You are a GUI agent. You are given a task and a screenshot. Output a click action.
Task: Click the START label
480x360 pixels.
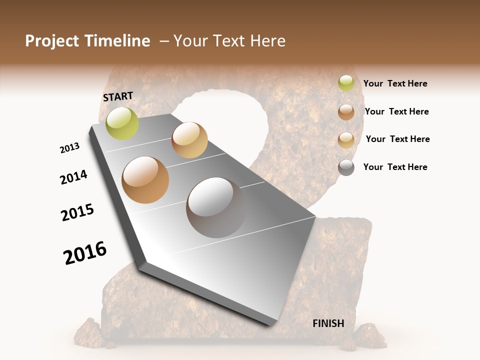click(118, 96)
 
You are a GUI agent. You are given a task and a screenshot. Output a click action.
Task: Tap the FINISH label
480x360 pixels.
click(328, 323)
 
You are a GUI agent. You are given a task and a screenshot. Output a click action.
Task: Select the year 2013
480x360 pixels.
click(69, 148)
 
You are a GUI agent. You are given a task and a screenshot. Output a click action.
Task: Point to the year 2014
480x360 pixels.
click(73, 177)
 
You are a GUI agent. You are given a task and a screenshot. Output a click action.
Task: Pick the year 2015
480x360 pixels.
click(77, 212)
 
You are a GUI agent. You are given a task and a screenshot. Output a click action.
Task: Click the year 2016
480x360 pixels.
click(85, 253)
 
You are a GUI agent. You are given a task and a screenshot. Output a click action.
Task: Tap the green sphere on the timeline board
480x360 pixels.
click(122, 123)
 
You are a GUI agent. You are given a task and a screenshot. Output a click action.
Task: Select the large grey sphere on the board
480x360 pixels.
click(216, 207)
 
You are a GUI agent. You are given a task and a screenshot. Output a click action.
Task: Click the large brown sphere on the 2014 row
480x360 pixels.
click(145, 179)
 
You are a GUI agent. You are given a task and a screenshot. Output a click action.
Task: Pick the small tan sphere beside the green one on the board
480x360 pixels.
click(189, 140)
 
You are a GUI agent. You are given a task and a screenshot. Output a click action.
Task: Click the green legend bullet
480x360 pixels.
click(346, 83)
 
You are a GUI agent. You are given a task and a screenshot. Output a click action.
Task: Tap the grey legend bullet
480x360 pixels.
click(346, 167)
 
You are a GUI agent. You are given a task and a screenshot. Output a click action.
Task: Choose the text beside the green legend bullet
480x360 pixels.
click(395, 83)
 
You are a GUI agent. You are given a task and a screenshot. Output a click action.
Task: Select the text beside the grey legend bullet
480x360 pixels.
click(395, 167)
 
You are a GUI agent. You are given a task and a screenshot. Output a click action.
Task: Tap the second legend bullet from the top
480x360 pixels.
click(346, 112)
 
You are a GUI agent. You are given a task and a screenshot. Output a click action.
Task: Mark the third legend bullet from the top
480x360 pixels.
click(346, 140)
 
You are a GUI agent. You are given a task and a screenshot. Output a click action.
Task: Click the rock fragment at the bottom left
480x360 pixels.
click(88, 331)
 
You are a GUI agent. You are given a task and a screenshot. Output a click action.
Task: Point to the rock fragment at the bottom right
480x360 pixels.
click(369, 335)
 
